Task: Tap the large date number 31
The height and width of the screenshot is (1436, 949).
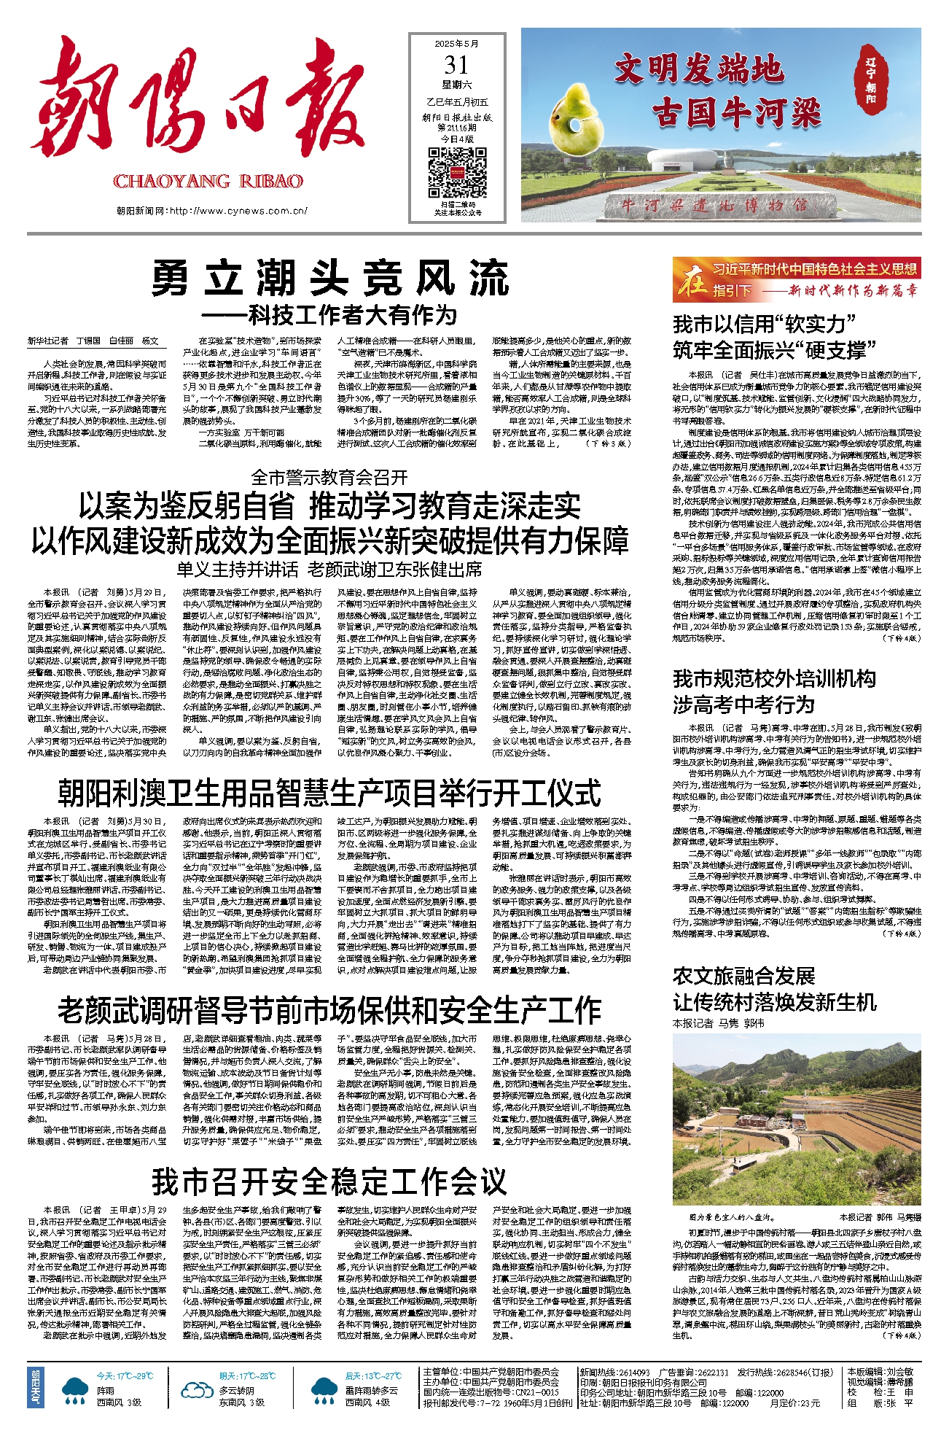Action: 457,66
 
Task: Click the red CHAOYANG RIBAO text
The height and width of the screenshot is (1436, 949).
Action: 208,181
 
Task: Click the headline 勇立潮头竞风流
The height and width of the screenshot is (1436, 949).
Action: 329,278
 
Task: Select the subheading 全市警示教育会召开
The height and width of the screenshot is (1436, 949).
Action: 329,477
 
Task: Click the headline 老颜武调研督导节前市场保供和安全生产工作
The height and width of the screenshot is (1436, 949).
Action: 329,1010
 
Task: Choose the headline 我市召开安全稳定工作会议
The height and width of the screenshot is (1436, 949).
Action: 329,1181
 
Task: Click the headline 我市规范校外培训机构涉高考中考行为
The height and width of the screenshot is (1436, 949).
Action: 774,691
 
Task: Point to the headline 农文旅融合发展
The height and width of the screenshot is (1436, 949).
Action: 743,976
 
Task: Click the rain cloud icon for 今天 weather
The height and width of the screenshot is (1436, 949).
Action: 75,1390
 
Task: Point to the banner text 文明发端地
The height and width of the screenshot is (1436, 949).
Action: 698,70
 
